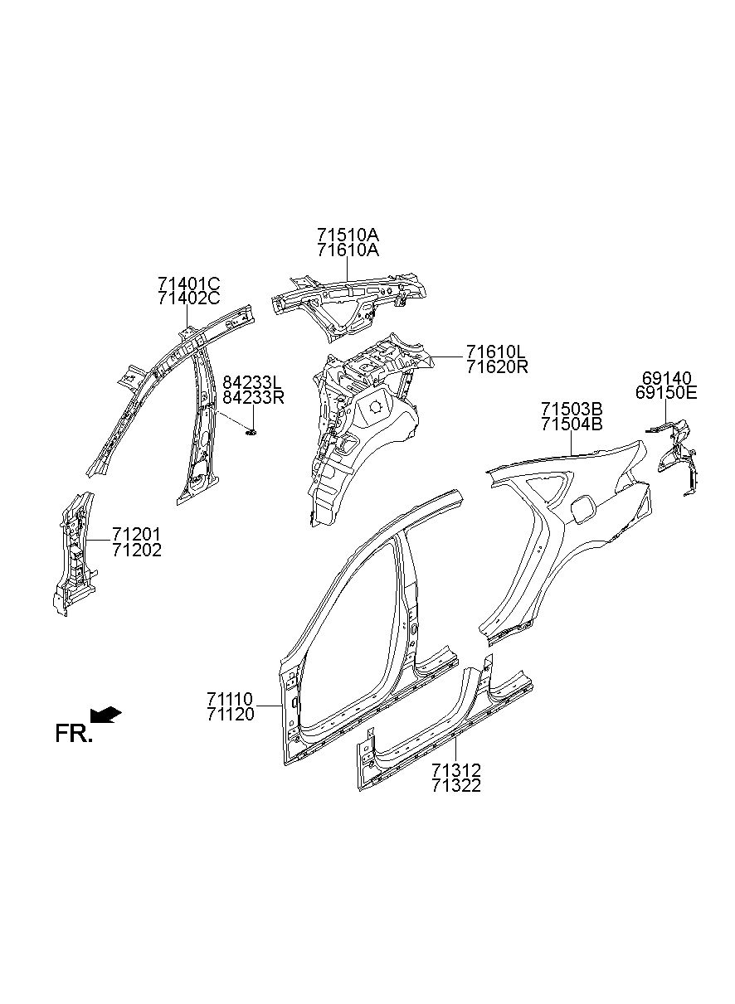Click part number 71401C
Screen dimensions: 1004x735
click(188, 284)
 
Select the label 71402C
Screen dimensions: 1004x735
click(188, 299)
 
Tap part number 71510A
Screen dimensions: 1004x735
click(348, 235)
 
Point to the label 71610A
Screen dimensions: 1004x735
click(348, 250)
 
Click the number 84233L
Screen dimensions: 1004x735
click(253, 382)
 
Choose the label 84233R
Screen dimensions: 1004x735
click(254, 397)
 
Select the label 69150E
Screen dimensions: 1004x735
click(666, 393)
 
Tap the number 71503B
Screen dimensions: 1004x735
click(572, 410)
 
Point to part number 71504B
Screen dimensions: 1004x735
click(572, 424)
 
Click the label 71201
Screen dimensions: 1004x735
click(137, 534)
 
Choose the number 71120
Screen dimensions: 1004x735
click(231, 714)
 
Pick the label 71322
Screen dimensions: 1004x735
click(455, 785)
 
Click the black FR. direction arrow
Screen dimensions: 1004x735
click(105, 713)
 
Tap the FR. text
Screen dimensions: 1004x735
click(73, 733)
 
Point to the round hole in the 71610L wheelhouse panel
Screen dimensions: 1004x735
click(375, 406)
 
